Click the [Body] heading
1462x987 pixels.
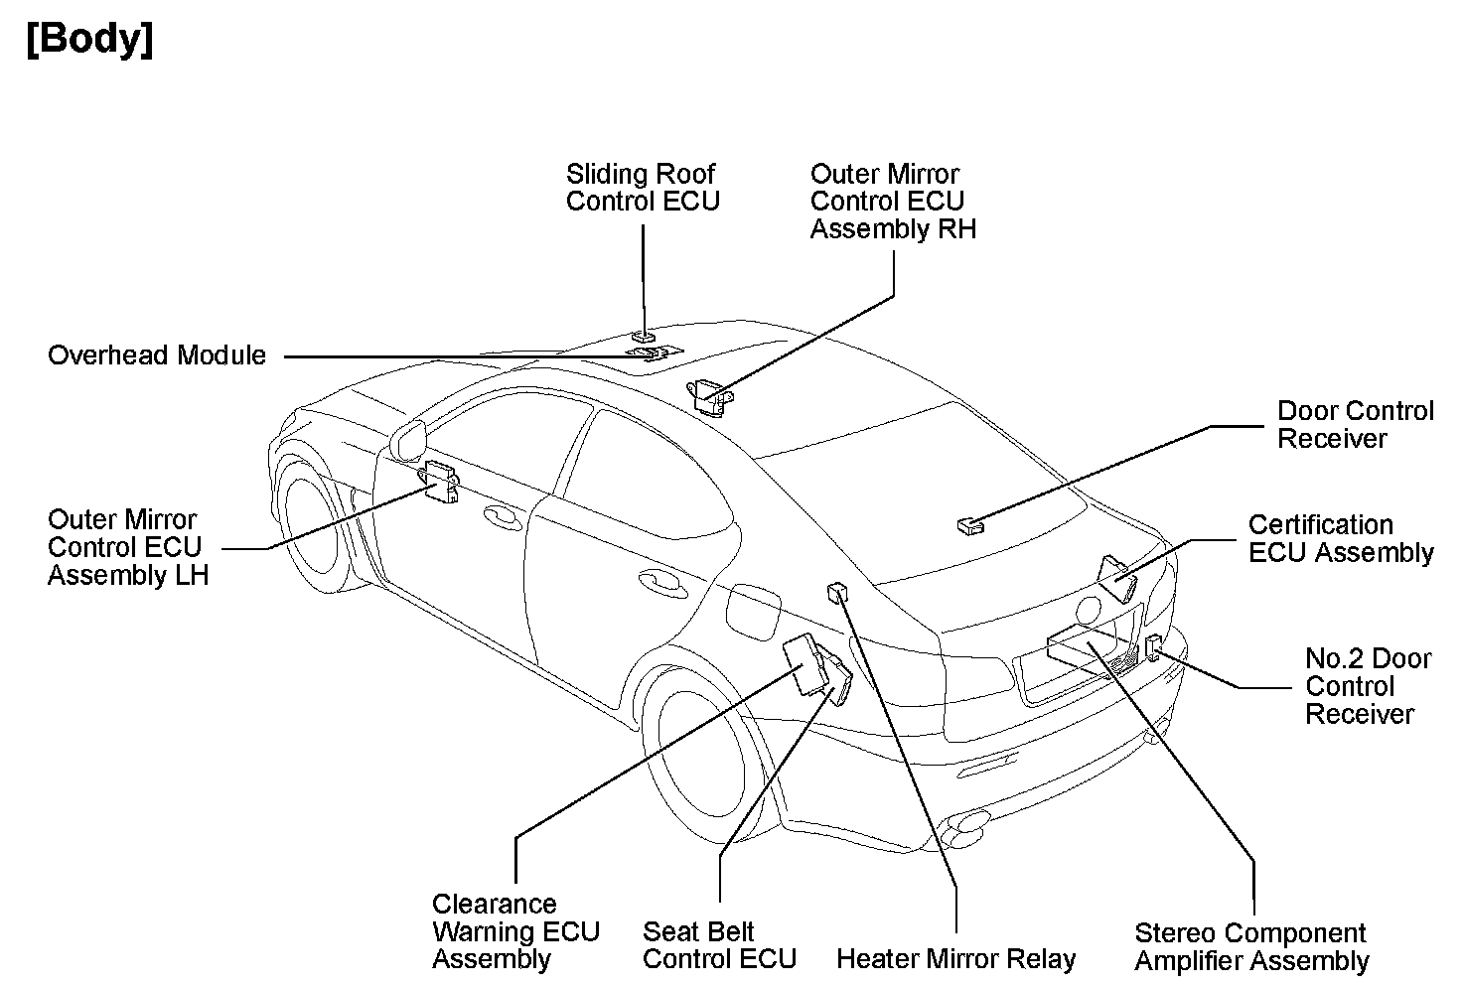90,41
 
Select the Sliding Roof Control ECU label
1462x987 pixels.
642,188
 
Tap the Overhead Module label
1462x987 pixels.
157,355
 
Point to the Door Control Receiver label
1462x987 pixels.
1355,425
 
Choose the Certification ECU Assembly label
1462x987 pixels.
1341,539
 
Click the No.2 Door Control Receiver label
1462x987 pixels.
1368,686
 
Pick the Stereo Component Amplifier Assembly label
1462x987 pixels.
1251,947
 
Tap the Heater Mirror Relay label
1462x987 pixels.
955,959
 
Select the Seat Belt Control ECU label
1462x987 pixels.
719,945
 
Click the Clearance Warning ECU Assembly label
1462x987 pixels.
515,931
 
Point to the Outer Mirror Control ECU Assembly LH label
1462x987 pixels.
127,547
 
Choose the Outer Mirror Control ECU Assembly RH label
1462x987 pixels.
892,202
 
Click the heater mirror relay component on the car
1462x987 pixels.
837,593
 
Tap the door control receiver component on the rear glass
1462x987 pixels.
969,525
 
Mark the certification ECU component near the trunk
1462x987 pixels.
1117,578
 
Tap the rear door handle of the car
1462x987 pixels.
658,579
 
